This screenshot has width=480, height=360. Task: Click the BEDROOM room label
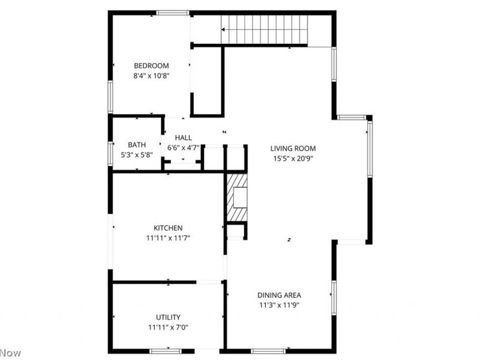tap(151, 66)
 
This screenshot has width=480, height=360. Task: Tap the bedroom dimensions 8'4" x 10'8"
tap(151, 76)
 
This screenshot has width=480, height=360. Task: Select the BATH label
tap(137, 145)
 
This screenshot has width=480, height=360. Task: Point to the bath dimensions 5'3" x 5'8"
tap(137, 154)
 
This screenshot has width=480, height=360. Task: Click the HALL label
tap(184, 138)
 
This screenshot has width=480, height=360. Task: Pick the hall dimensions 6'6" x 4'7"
tap(184, 148)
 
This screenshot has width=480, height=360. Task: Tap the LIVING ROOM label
tap(293, 149)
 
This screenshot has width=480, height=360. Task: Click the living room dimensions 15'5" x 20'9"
tap(293, 159)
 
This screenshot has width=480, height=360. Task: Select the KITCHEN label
tap(168, 228)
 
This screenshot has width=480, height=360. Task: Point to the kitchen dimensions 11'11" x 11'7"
tap(168, 238)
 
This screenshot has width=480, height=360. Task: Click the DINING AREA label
tap(279, 295)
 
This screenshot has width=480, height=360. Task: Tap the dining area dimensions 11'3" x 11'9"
tap(279, 305)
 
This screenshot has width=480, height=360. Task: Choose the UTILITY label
tap(168, 317)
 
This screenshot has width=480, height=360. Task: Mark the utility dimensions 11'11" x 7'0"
tap(168, 327)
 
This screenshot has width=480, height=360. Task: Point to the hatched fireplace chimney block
tap(238, 197)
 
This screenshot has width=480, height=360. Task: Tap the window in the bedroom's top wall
tap(173, 13)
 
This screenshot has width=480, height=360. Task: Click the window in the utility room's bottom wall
tap(166, 350)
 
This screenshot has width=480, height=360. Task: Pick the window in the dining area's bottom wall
tap(268, 350)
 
